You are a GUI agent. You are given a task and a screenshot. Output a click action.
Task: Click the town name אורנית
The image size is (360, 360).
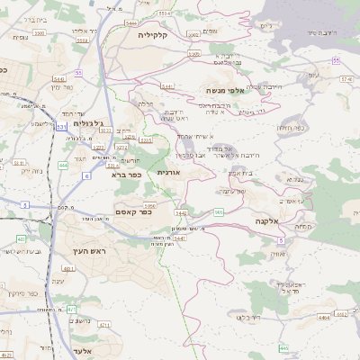(169, 170)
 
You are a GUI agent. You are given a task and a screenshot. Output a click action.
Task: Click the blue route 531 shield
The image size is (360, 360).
(61, 128)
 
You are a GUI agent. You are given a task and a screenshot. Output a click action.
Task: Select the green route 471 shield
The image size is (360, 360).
(71, 309)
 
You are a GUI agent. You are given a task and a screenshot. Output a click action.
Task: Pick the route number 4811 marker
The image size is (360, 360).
(67, 268)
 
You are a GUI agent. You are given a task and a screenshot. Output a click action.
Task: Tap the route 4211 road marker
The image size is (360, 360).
(104, 324)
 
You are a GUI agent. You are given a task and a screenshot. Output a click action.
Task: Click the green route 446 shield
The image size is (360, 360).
(283, 347)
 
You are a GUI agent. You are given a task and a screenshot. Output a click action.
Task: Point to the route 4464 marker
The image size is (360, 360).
(323, 316)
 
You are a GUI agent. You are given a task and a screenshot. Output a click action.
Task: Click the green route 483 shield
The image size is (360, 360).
(21, 239)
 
